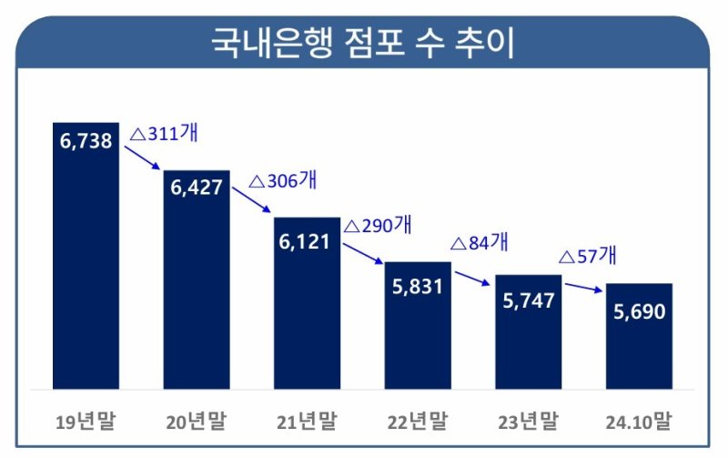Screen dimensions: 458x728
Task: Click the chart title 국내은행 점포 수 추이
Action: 363,43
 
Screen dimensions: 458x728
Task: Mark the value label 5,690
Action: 639,310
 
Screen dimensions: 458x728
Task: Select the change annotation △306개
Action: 282,180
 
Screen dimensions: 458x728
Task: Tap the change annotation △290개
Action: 378,224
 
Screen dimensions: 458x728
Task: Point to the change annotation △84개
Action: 480,243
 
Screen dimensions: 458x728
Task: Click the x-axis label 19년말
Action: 86,422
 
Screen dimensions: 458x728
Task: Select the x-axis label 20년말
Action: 197,422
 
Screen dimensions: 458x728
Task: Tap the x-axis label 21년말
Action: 307,422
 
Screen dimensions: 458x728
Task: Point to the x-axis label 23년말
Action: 528,422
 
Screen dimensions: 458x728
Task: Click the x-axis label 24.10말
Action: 639,422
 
